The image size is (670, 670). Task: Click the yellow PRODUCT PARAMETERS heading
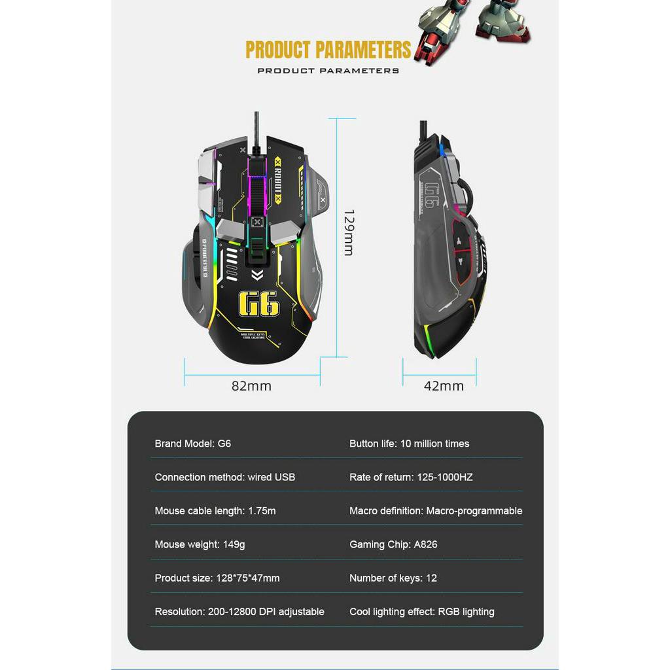click(x=328, y=50)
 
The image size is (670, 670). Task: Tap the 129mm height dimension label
click(x=348, y=232)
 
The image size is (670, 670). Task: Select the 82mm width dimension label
click(x=251, y=386)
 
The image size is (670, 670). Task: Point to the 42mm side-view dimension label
click(x=444, y=386)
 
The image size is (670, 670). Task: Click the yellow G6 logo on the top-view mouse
click(x=258, y=304)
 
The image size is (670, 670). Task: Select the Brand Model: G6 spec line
click(x=192, y=444)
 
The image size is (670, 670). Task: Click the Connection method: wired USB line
click(x=224, y=477)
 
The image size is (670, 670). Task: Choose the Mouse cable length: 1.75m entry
click(x=215, y=510)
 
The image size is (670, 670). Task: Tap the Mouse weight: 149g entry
click(x=200, y=544)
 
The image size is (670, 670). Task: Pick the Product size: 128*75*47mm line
click(x=217, y=578)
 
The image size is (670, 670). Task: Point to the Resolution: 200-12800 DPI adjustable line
click(x=239, y=612)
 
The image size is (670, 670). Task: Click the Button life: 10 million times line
click(x=409, y=444)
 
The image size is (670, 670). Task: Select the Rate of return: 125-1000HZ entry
click(x=410, y=477)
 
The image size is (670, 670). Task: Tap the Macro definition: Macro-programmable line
click(x=435, y=510)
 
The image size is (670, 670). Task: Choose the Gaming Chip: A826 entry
click(x=393, y=544)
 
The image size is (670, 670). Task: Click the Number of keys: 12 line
click(x=393, y=578)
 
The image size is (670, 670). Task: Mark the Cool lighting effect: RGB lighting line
click(x=421, y=612)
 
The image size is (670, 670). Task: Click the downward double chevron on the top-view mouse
click(x=257, y=275)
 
